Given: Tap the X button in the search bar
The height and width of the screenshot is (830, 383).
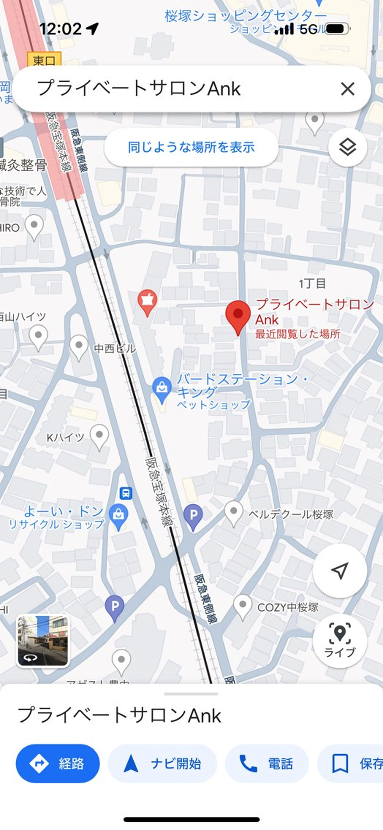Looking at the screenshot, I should [347, 89].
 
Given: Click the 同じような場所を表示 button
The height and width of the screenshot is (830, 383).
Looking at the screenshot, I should [191, 147].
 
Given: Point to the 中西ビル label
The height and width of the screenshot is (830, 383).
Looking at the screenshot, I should [115, 348].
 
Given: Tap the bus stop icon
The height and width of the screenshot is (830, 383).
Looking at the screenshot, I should [126, 493].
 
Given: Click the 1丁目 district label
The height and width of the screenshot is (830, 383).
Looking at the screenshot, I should [312, 284].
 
